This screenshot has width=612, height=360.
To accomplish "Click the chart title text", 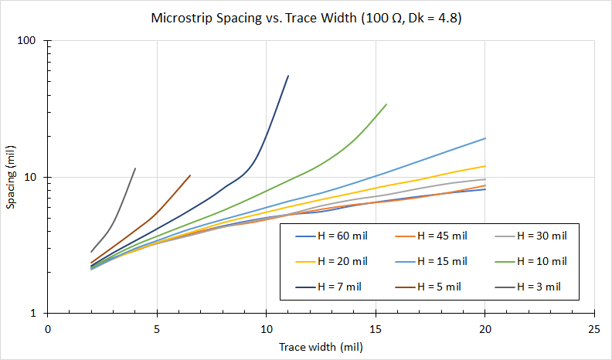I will tap(306, 17).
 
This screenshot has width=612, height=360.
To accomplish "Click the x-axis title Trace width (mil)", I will tap(321, 347).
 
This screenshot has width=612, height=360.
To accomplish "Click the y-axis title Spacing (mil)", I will tap(11, 177).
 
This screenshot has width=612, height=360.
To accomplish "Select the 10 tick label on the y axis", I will tap(32, 177).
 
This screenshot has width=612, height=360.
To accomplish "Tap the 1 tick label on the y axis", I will tap(36, 314).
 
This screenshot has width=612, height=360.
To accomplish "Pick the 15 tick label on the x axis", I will tap(376, 328).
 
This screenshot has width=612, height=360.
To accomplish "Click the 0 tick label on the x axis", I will tap(48, 328).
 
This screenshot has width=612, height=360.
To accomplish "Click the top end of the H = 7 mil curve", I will tap(288, 76).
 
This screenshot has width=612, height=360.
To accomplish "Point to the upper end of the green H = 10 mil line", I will tap(386, 104).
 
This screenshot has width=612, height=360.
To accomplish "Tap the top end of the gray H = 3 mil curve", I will tap(135, 168).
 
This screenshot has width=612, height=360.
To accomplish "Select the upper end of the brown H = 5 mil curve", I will tap(190, 175).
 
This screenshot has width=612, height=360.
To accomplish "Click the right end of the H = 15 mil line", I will tap(485, 138).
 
